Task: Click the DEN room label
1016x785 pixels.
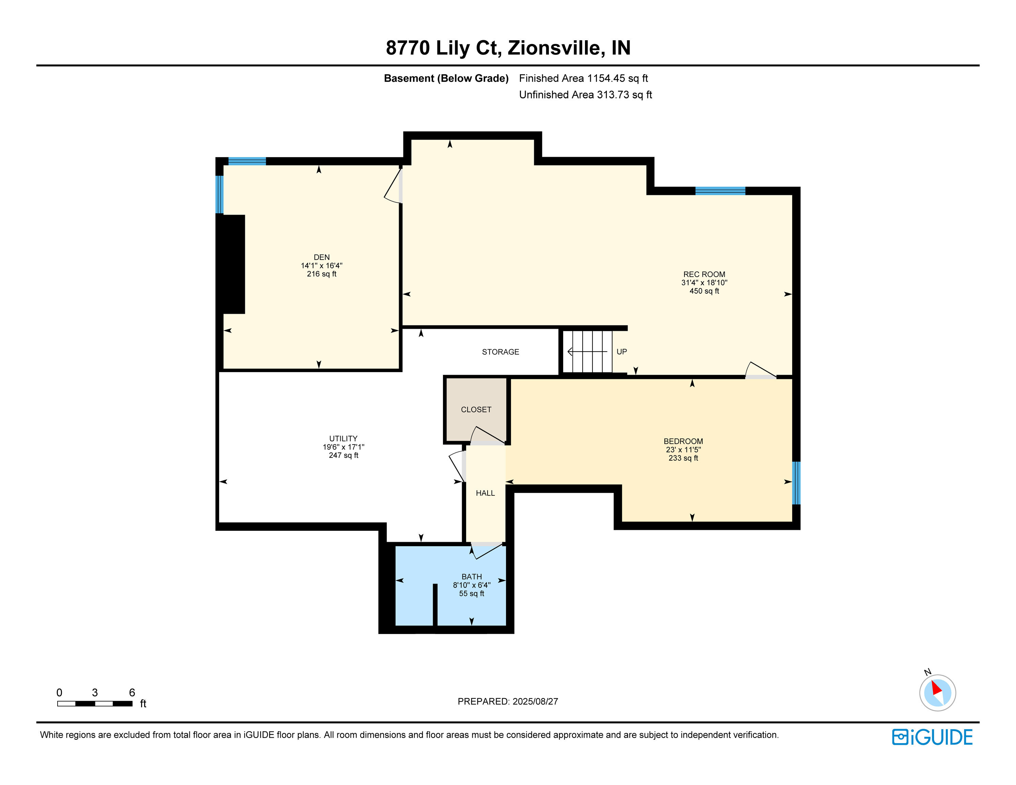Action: (321, 257)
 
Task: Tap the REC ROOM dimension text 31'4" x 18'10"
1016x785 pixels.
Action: (704, 282)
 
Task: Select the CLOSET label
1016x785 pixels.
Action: (476, 410)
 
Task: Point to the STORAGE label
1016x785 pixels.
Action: (500, 352)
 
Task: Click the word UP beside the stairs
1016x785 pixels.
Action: (621, 352)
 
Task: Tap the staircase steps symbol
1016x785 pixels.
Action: (587, 352)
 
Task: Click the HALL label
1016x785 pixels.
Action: (485, 493)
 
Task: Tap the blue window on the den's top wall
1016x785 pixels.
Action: (247, 161)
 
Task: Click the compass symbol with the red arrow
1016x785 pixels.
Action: (937, 692)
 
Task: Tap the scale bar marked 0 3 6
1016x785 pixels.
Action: (95, 703)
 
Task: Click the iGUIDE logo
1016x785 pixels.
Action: (932, 737)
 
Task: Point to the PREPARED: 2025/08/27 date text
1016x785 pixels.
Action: (508, 701)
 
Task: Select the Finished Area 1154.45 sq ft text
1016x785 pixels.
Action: (583, 78)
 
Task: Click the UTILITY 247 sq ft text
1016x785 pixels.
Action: (343, 455)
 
